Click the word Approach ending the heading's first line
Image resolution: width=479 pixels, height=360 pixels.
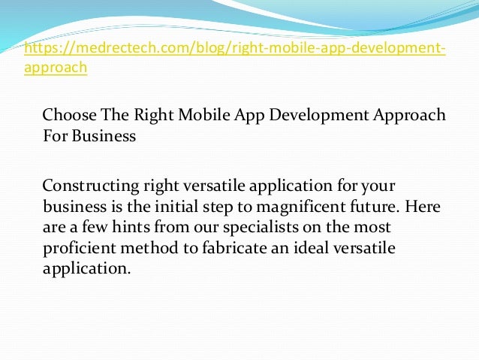pyautogui.click(x=405, y=116)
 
